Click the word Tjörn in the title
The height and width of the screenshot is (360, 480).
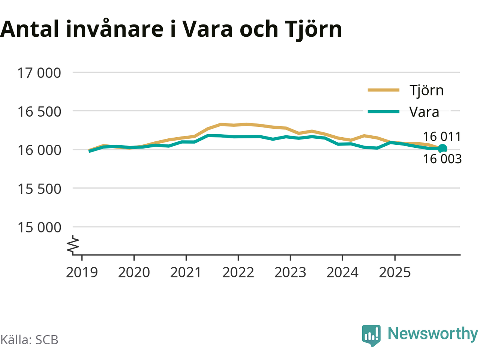click(x=313, y=29)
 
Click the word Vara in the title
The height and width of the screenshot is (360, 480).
click(x=208, y=29)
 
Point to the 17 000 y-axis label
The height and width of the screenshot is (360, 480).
click(x=39, y=73)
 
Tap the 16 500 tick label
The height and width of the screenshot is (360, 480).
click(x=39, y=111)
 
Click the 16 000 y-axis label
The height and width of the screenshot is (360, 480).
click(x=39, y=150)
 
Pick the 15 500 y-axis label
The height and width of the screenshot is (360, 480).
click(x=39, y=189)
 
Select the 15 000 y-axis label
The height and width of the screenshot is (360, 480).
click(x=39, y=227)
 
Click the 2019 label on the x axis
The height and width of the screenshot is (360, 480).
click(x=82, y=273)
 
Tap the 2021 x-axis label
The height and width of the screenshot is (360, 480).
click(x=186, y=273)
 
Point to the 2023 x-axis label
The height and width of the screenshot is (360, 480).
click(x=290, y=273)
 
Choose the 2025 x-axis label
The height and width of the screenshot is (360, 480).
click(x=394, y=273)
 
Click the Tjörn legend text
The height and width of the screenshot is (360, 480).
click(x=426, y=90)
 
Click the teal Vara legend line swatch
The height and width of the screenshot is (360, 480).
click(x=383, y=112)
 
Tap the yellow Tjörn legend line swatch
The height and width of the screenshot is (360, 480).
click(x=383, y=90)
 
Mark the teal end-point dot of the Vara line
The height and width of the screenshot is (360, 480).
click(x=442, y=148)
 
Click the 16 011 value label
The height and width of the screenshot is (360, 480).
click(x=442, y=136)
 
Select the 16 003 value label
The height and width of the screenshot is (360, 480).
click(x=442, y=159)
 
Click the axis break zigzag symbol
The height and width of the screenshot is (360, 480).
click(x=73, y=244)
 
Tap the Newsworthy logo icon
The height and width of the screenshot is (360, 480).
click(x=371, y=335)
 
